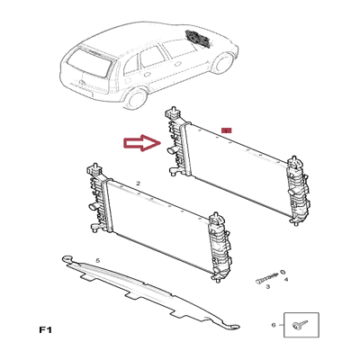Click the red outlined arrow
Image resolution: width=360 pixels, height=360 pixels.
click(x=142, y=143)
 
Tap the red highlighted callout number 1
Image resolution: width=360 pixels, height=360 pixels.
click(x=227, y=130)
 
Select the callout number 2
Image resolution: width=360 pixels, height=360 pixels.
click(x=138, y=183)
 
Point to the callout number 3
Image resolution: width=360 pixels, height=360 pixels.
click(x=268, y=287)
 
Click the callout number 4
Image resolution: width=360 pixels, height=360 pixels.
click(x=286, y=280)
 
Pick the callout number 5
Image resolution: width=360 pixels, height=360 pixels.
click(x=97, y=260)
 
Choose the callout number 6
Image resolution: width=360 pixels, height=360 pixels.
click(x=274, y=325)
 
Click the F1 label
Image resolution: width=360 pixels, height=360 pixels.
click(x=45, y=330)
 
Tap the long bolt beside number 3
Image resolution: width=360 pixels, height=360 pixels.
click(x=266, y=278)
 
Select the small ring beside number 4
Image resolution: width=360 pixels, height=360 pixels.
click(x=283, y=272)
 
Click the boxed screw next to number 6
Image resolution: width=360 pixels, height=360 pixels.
click(x=300, y=324)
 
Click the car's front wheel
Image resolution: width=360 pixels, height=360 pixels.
click(x=223, y=63)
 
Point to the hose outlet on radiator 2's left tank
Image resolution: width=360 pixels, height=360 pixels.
click(x=92, y=206)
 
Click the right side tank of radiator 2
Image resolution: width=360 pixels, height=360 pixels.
click(x=220, y=247)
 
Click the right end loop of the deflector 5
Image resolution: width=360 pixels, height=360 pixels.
click(x=234, y=327)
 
